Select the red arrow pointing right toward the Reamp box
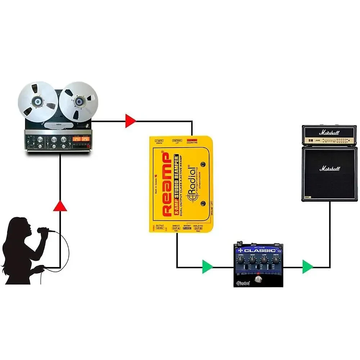[130, 121]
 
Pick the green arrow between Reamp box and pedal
[207, 267]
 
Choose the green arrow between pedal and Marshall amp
[307, 267]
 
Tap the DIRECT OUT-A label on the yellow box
[176, 227]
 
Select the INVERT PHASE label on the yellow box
[187, 227]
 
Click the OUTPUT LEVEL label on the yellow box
[160, 227]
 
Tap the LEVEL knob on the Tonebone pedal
[241, 260]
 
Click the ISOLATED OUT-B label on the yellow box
[198, 227]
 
